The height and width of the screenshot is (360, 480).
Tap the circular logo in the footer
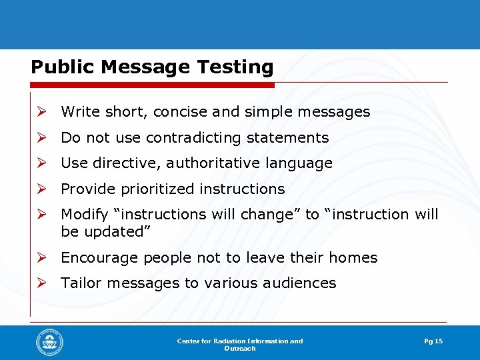(x=50, y=343)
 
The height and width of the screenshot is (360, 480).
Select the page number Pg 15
(x=433, y=341)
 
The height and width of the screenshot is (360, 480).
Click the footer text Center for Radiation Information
(x=239, y=341)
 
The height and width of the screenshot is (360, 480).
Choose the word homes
(x=354, y=258)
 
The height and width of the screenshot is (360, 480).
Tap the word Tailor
(x=81, y=283)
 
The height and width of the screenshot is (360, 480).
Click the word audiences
(x=297, y=283)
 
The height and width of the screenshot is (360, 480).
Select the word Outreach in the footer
(x=239, y=349)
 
